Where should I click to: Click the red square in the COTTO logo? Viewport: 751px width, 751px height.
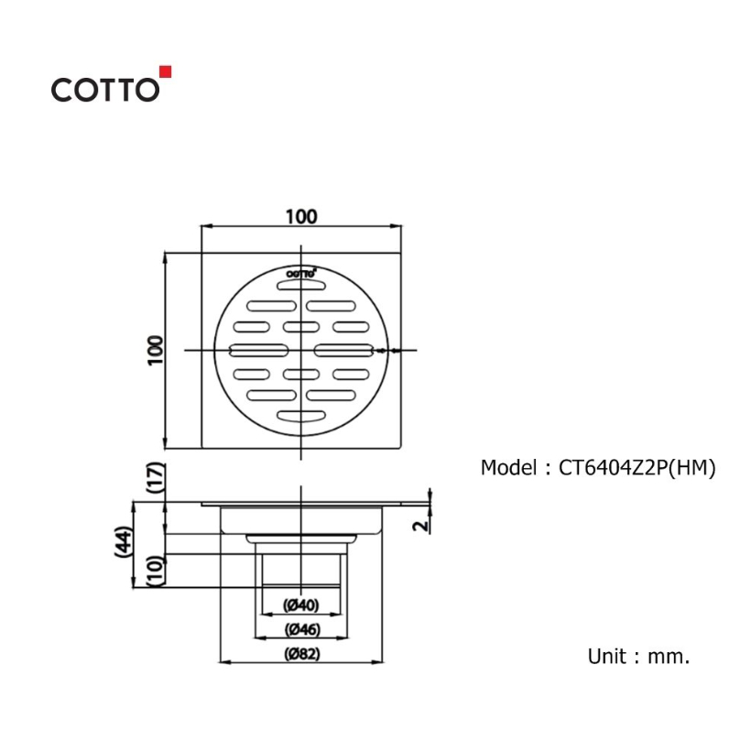point(165,71)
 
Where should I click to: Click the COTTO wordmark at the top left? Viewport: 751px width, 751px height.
point(105,90)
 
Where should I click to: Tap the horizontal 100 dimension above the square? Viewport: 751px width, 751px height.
point(301,216)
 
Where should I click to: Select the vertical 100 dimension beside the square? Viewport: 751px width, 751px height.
point(156,350)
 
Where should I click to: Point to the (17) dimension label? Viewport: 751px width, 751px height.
point(156,477)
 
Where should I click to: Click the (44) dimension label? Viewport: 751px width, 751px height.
point(123,541)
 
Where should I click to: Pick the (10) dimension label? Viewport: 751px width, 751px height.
point(156,571)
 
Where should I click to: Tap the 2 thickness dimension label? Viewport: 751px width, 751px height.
point(421,526)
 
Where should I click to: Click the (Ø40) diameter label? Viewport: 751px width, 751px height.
point(300,604)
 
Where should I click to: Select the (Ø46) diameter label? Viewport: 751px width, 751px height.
point(301,629)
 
